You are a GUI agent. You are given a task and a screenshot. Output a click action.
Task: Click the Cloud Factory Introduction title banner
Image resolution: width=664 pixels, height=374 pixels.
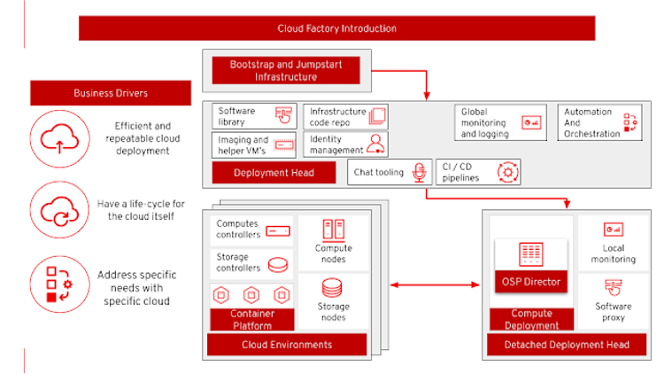tap(337, 28)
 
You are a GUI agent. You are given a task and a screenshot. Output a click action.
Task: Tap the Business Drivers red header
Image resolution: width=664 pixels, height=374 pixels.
tap(111, 93)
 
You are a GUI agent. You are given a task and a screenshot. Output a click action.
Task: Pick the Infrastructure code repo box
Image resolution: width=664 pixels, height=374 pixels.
tap(345, 117)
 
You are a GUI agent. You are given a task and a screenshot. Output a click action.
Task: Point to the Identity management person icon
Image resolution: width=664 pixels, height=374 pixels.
tap(376, 144)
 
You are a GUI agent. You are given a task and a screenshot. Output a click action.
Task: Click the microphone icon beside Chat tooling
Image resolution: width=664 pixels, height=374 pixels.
tap(419, 172)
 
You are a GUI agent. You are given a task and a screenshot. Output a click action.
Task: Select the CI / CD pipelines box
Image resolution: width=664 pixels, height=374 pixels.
tap(478, 172)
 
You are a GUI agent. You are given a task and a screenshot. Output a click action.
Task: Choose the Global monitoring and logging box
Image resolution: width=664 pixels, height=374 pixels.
tap(500, 123)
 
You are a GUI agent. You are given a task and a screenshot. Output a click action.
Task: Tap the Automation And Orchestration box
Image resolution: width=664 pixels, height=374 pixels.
tap(601, 123)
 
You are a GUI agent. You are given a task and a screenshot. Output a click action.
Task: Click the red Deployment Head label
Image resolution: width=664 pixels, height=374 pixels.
tap(274, 173)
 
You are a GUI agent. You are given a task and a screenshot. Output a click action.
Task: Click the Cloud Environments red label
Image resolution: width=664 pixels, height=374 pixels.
tap(286, 345)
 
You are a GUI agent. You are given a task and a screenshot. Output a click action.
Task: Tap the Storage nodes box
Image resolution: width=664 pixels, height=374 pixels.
tap(333, 300)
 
